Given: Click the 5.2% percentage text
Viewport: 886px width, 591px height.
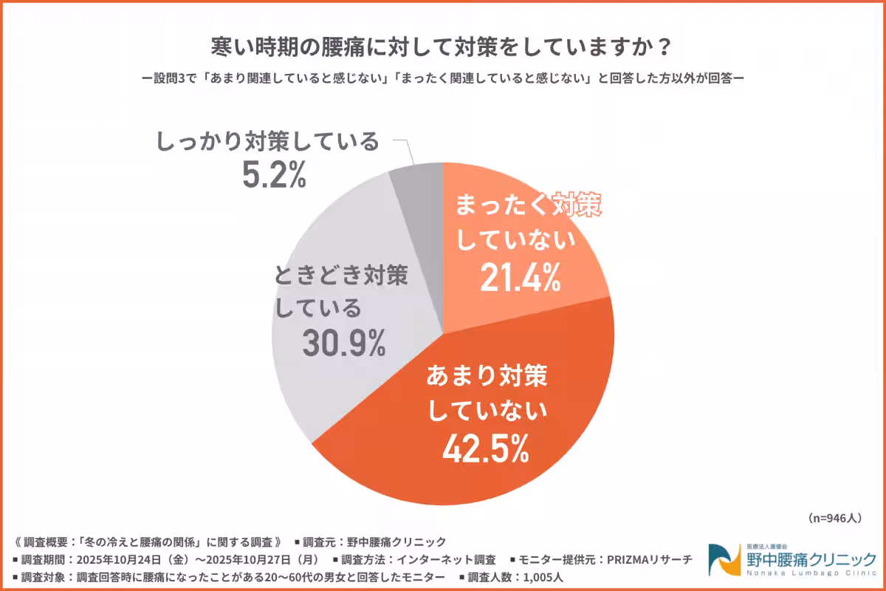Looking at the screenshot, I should point(272,175).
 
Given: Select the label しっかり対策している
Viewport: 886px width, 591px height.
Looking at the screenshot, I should point(268,141).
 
